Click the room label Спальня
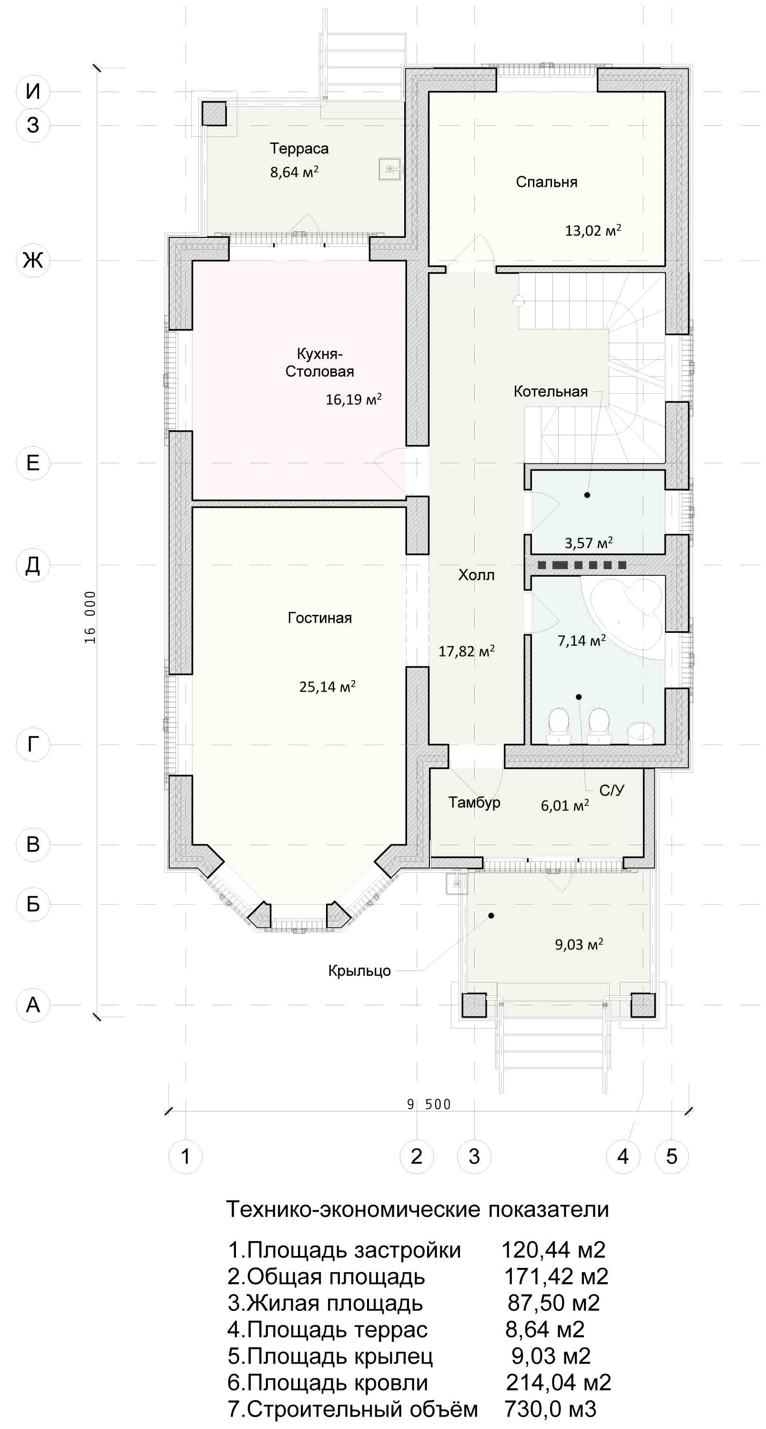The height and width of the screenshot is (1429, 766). (x=546, y=183)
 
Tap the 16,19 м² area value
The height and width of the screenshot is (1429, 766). (x=353, y=399)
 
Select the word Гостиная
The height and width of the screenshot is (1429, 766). (x=319, y=618)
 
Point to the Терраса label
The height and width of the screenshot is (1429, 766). (x=299, y=149)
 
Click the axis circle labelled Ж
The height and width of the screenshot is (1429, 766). (x=33, y=260)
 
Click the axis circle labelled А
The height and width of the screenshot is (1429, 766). (x=33, y=1004)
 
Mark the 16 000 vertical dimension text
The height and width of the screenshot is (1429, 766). (x=90, y=617)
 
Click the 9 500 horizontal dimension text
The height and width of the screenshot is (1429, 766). (x=429, y=1104)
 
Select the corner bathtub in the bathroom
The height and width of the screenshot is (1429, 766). (x=626, y=608)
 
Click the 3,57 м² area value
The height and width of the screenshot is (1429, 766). (x=589, y=542)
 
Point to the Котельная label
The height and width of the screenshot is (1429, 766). (x=550, y=392)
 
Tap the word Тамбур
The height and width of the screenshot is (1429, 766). (x=474, y=803)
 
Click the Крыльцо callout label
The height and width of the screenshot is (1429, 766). (x=359, y=971)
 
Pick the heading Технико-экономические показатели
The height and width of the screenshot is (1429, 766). (x=417, y=1209)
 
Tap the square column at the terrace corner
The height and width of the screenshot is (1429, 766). (x=213, y=114)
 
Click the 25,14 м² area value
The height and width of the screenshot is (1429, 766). (x=327, y=686)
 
